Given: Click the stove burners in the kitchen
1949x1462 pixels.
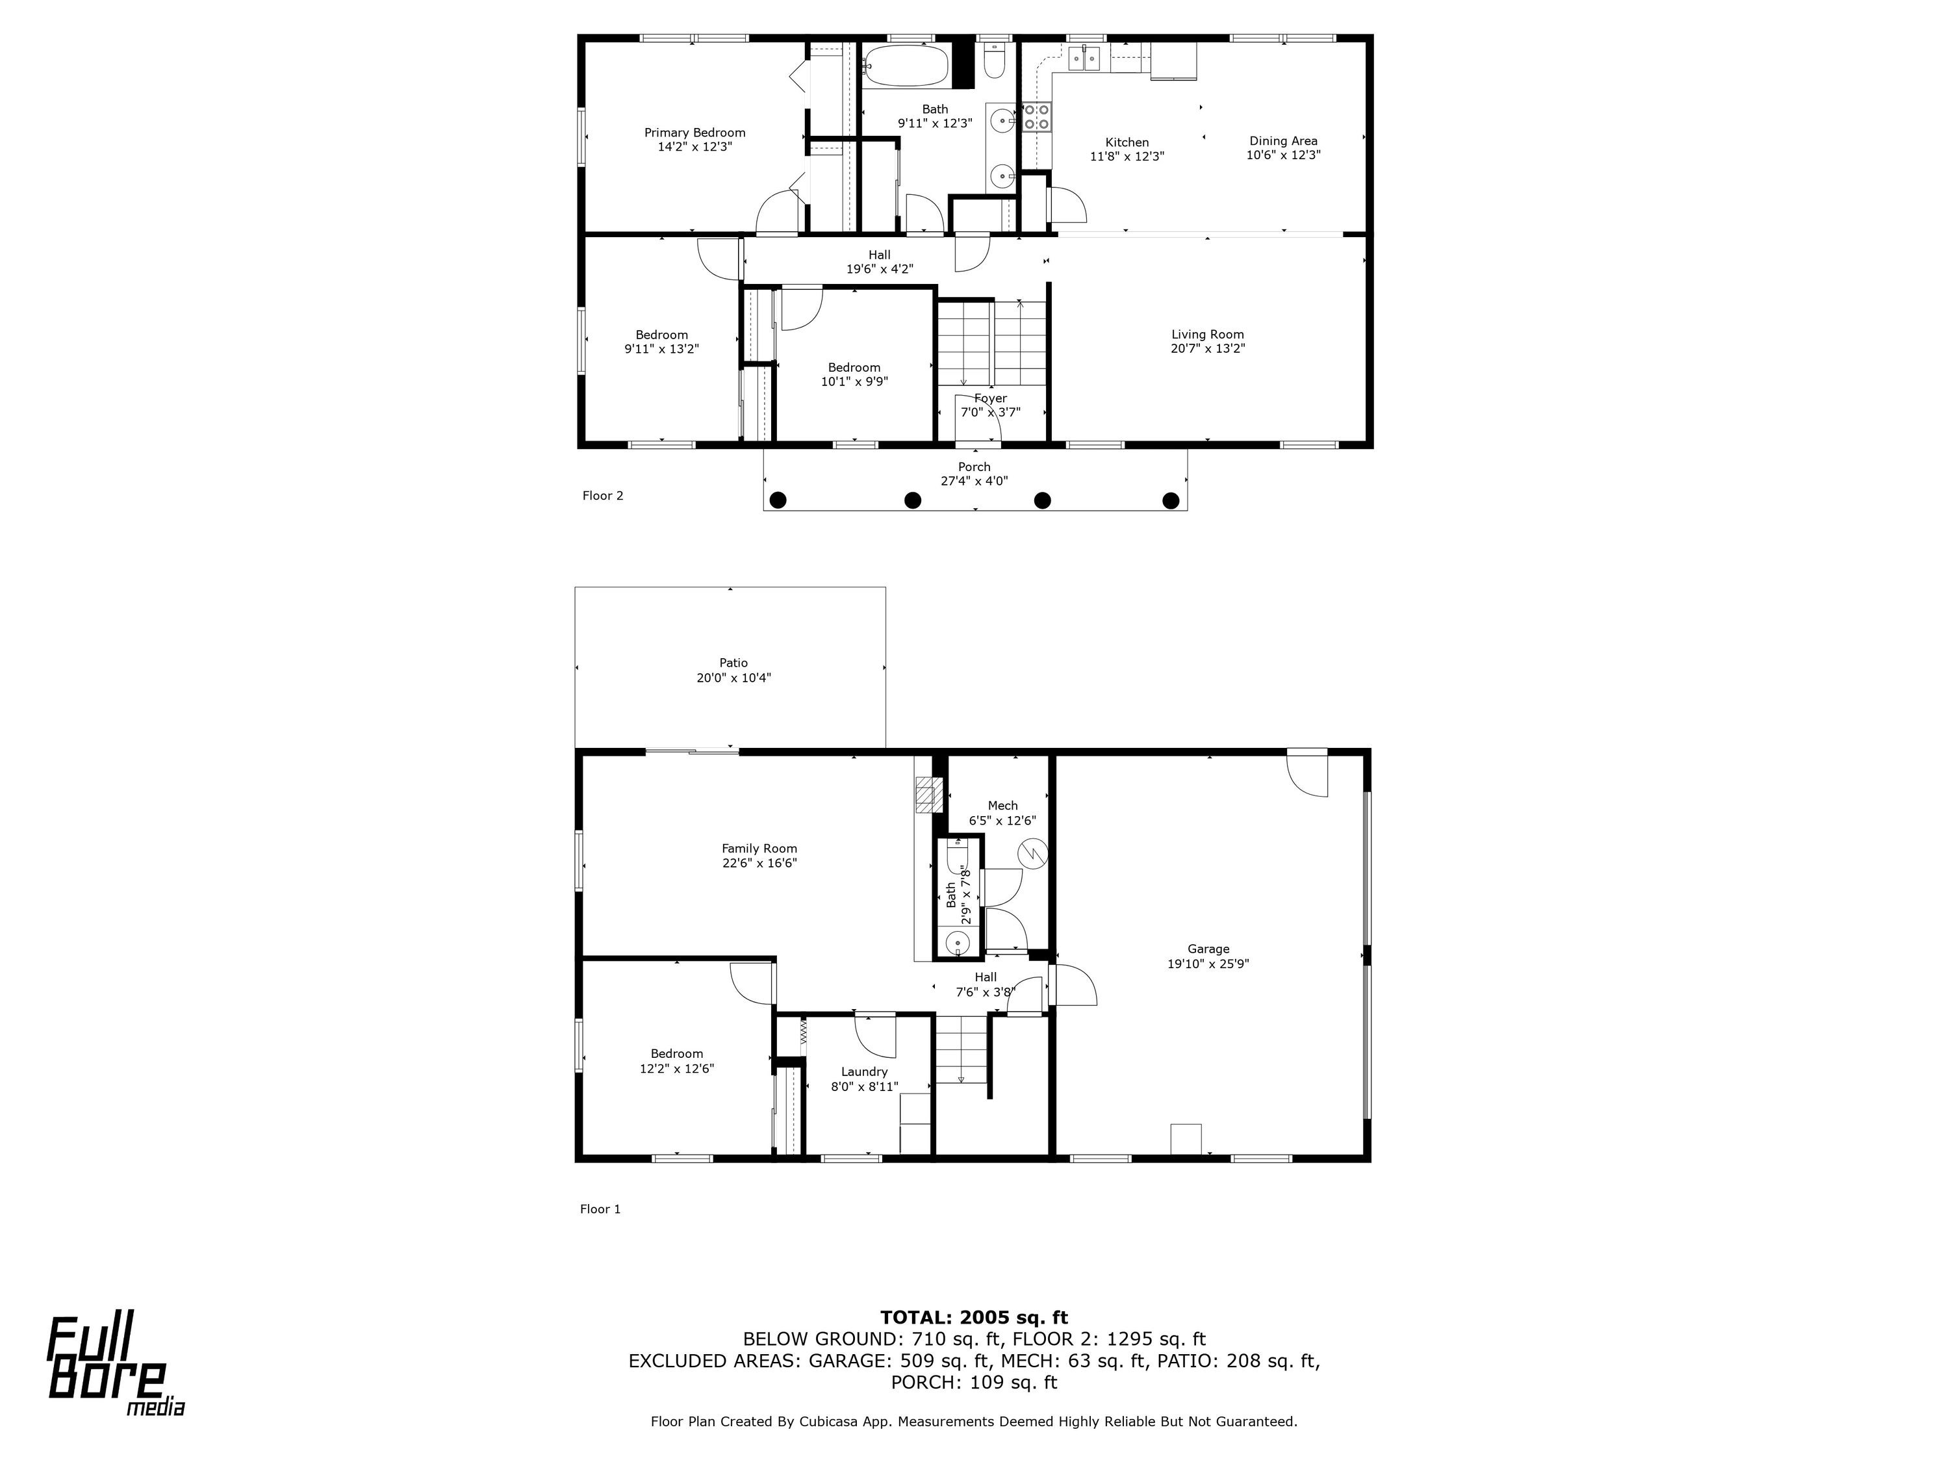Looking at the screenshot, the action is (1037, 117).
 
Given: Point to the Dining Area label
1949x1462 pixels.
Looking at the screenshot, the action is (1283, 141).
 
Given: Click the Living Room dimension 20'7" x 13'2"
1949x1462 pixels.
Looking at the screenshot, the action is (1207, 348).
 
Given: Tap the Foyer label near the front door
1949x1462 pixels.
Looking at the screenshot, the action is (990, 398).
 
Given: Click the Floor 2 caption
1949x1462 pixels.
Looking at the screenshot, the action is (603, 495).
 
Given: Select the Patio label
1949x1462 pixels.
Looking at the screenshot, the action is (733, 663).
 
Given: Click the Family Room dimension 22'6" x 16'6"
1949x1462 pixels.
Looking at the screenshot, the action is (759, 863).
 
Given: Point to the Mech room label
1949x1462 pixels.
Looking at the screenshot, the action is (1002, 806).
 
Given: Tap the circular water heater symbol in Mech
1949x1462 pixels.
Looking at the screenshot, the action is (1031, 853).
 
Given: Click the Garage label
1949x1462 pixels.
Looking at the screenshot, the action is (1208, 949).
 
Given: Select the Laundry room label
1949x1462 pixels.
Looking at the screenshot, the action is (864, 1071).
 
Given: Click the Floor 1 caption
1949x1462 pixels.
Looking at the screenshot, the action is (600, 1209).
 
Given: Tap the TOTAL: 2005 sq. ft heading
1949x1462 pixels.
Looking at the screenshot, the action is (974, 1318).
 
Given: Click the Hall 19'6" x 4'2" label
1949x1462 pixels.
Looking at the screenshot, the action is (880, 263).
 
